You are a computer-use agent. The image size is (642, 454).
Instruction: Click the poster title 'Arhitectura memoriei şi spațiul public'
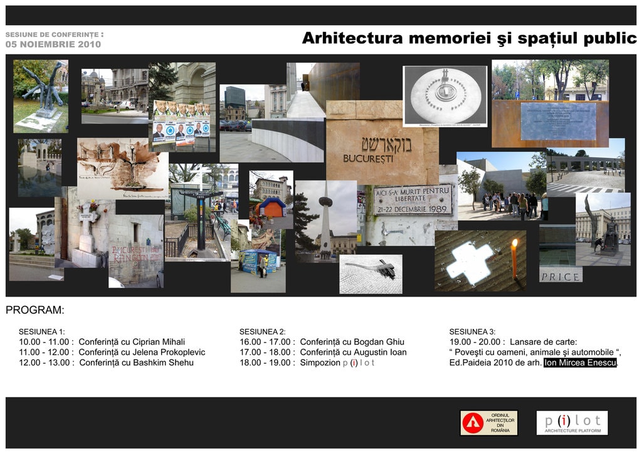click(469, 38)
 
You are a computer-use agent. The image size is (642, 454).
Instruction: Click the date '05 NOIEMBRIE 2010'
click(53, 45)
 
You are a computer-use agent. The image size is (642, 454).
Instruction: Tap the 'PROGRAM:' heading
click(35, 310)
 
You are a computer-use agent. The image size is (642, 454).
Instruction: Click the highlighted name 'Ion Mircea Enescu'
click(580, 362)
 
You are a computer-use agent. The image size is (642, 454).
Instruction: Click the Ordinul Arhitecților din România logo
click(489, 423)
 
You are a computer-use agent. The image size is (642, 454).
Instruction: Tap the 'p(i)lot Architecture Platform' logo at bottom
click(572, 423)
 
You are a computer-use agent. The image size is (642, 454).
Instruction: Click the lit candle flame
click(515, 243)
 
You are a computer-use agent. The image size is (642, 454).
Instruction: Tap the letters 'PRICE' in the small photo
click(560, 276)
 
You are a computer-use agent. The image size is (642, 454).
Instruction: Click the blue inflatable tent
click(271, 207)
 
